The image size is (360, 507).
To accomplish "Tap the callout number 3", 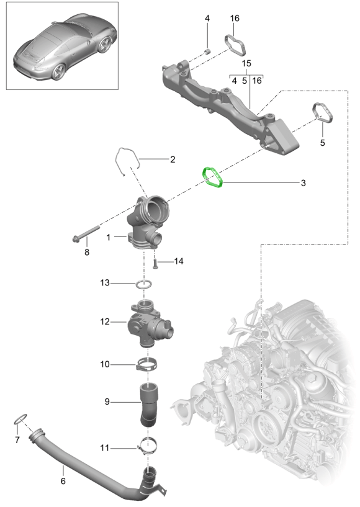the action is (303, 183).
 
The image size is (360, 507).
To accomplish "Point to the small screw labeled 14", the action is (155, 264).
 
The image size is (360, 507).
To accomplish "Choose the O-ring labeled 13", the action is (144, 285).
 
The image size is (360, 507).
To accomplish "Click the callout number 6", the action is (63, 481).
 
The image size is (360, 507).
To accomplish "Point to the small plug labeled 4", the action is (209, 52).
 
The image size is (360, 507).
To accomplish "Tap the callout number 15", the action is (246, 63).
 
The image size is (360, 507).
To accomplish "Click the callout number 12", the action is (105, 321).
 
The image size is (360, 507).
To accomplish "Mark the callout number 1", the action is (109, 237).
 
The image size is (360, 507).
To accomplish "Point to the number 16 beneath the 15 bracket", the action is (257, 81).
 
